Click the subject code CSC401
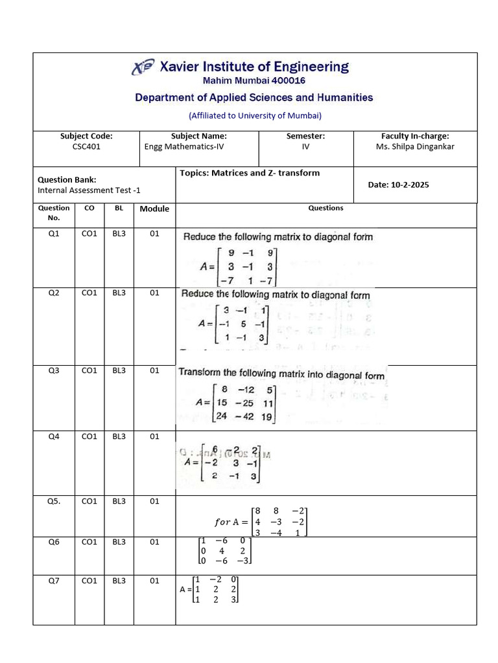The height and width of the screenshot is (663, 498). pyautogui.click(x=86, y=146)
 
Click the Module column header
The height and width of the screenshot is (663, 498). pyautogui.click(x=154, y=208)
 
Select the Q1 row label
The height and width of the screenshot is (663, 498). pyautogui.click(x=54, y=234)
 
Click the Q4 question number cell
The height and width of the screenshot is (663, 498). pyautogui.click(x=54, y=436)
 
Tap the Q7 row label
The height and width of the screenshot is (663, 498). pyautogui.click(x=54, y=581)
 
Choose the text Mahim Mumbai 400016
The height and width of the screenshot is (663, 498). pyautogui.click(x=254, y=81)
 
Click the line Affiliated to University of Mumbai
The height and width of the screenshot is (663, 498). pyautogui.click(x=255, y=116)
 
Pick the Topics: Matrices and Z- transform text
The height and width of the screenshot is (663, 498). pyautogui.click(x=250, y=173)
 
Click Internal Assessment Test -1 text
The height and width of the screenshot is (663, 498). pyautogui.click(x=89, y=190)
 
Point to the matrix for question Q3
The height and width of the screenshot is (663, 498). pyautogui.click(x=237, y=404)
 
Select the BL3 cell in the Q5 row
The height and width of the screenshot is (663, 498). pyautogui.click(x=119, y=501)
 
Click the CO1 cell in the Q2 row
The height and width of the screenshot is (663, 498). pyautogui.click(x=89, y=293)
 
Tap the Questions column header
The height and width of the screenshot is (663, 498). pyautogui.click(x=326, y=208)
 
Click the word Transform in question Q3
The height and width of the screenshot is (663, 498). pyautogui.click(x=200, y=373)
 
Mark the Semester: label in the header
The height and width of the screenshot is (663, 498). pyautogui.click(x=305, y=136)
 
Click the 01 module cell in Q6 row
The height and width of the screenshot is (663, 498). pyautogui.click(x=154, y=542)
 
